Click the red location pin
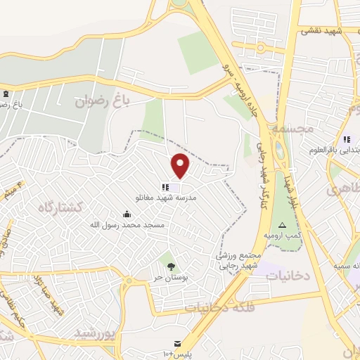(x=181, y=165)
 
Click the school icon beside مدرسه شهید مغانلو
(x=165, y=187)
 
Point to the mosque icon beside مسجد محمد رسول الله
(x=127, y=214)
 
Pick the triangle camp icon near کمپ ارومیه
(x=282, y=224)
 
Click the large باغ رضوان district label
(x=103, y=101)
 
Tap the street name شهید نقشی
(x=319, y=31)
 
